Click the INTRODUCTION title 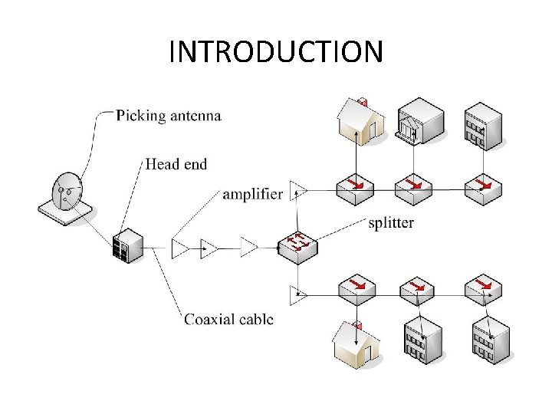(x=275, y=52)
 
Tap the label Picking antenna (x=169, y=116)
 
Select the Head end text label (x=176, y=163)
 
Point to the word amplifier (x=252, y=194)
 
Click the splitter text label (x=390, y=223)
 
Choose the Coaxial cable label (x=228, y=319)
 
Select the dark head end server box (x=127, y=245)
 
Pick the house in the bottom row (x=356, y=344)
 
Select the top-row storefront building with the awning (x=419, y=120)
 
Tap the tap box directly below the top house (x=355, y=187)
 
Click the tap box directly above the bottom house (x=356, y=288)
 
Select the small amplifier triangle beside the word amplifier (x=298, y=191)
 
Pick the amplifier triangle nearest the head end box (x=181, y=248)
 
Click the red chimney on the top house (x=364, y=102)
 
